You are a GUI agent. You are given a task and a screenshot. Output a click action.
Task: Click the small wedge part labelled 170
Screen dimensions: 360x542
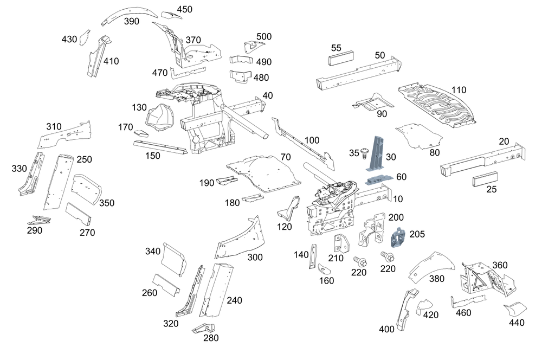click(x=142, y=132)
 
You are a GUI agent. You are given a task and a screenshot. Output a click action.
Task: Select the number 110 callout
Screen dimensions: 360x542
click(x=459, y=89)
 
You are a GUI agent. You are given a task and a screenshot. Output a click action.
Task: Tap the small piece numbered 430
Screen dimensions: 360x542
click(x=84, y=37)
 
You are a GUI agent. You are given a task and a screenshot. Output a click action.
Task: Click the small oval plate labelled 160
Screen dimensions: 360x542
click(x=324, y=268)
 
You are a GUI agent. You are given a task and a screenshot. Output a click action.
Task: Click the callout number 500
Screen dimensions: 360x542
click(x=264, y=36)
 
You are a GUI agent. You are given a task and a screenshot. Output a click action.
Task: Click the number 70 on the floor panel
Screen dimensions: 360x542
click(x=286, y=157)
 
